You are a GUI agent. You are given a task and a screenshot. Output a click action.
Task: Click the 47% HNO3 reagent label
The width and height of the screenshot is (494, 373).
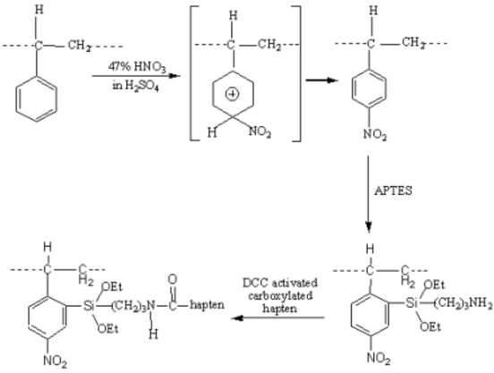coord(137,67)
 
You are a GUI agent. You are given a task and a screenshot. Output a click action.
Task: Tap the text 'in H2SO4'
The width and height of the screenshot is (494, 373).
coord(135,85)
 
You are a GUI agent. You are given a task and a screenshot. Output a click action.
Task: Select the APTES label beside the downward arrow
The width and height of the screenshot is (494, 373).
coord(393,191)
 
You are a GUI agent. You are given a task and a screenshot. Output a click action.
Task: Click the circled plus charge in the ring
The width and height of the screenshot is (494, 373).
coord(232,94)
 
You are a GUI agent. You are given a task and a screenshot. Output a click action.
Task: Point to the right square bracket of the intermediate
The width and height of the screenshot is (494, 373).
coord(300,73)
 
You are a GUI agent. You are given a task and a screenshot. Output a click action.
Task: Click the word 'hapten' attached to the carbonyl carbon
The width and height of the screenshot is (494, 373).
coord(207,305)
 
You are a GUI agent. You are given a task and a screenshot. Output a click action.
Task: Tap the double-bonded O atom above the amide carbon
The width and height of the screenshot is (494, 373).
coord(173,279)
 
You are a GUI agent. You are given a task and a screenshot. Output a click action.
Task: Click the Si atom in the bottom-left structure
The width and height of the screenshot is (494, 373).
coord(89,305)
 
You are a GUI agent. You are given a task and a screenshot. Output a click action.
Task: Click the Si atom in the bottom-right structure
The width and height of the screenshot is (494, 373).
coord(412,303)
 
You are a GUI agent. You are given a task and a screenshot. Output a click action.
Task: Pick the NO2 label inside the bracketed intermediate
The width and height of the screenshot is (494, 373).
coord(260,131)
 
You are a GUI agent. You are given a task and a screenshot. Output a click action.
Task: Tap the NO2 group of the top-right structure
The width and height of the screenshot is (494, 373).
coord(375,134)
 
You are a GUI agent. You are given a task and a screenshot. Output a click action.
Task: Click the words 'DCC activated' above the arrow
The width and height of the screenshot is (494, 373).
coord(280,283)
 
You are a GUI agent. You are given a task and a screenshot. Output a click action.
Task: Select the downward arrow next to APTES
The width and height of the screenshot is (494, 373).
coord(369,194)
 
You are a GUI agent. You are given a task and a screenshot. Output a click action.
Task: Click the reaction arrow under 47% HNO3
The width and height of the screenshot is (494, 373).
coord(136,76)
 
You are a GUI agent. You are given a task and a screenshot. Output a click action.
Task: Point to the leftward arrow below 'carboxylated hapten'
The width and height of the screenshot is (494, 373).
coord(278,318)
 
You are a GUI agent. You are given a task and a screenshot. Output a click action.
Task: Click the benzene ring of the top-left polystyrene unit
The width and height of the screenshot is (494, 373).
coord(37,98)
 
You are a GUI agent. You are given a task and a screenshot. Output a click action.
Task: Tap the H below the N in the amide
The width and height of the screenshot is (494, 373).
coord(153,334)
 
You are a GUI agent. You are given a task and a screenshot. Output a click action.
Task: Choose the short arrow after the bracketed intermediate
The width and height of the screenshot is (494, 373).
coord(321,81)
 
